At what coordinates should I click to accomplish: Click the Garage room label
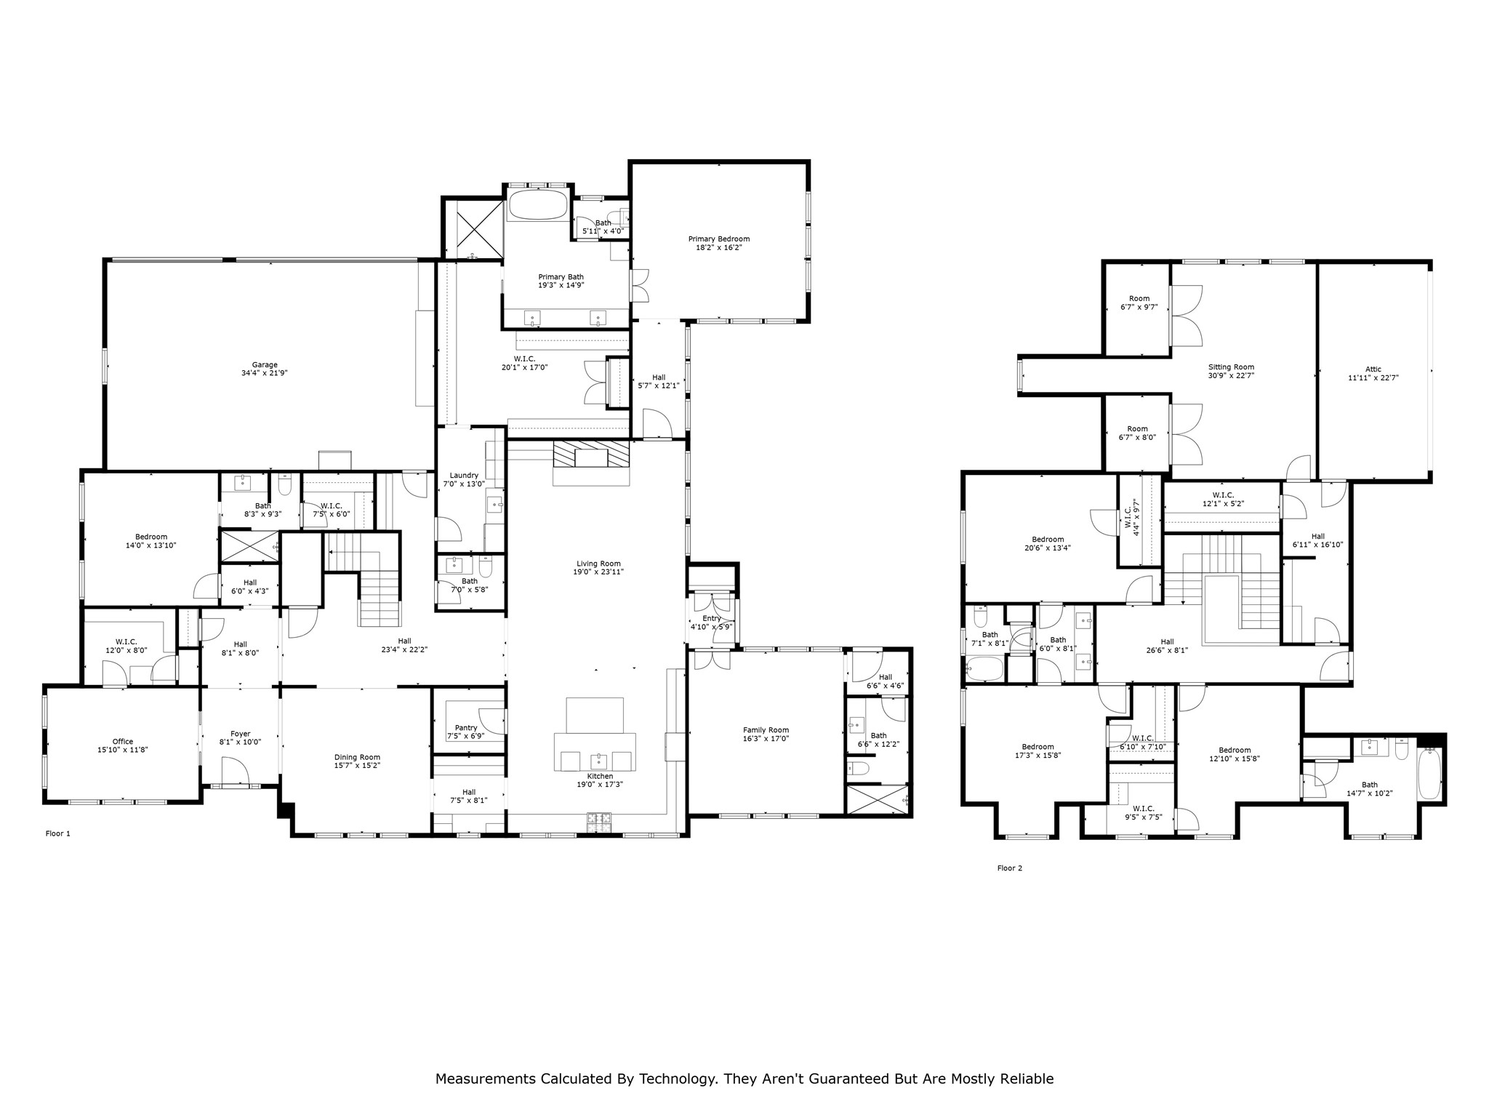tap(265, 369)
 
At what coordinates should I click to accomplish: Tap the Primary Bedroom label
tap(719, 243)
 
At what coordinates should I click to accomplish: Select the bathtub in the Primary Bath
tap(538, 205)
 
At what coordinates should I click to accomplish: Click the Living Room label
tap(598, 568)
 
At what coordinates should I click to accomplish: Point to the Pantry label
tap(466, 732)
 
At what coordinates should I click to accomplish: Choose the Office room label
tap(123, 745)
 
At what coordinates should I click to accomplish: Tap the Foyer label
tap(241, 738)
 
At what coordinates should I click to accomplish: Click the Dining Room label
tap(357, 761)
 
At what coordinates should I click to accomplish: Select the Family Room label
tap(766, 734)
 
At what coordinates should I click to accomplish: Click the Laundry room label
tap(464, 479)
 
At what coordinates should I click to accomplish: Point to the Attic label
tap(1373, 373)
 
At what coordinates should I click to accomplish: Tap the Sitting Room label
tap(1231, 371)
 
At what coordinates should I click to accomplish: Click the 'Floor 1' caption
tap(58, 833)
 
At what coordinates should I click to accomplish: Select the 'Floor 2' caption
tap(1010, 868)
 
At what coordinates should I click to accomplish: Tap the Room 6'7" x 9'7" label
tap(1139, 303)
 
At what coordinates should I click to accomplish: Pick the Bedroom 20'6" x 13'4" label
tap(1048, 544)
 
